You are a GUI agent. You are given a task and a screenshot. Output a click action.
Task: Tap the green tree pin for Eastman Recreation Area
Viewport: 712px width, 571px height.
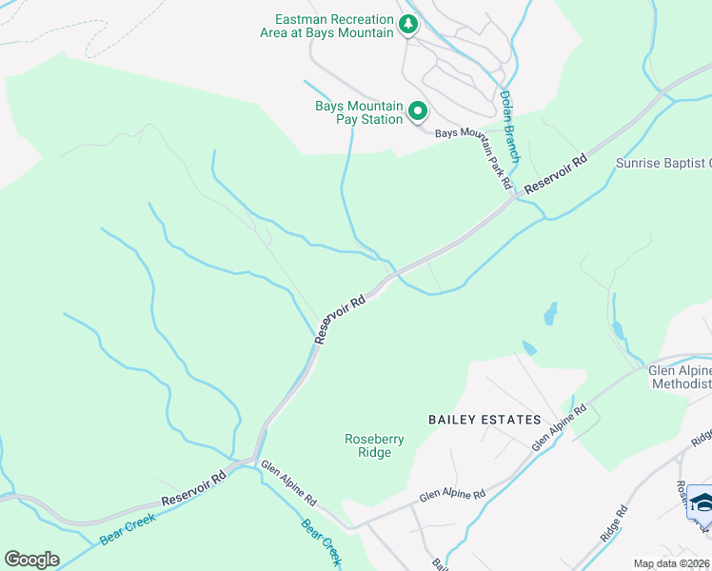(408, 25)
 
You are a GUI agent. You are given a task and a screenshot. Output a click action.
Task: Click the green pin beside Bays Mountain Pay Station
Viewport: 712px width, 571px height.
(417, 113)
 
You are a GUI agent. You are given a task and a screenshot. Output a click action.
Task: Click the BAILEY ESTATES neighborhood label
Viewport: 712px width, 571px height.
(485, 420)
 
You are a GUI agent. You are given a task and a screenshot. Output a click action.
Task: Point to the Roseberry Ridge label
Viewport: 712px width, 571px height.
(367, 445)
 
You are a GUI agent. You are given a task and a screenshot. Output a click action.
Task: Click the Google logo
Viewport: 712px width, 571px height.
(31, 560)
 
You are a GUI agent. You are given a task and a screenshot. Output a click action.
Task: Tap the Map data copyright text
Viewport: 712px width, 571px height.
(672, 563)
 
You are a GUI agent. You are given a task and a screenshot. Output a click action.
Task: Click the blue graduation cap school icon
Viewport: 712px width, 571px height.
(702, 502)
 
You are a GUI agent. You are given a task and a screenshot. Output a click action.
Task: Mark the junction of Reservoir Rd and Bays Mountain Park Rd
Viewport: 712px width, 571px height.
(514, 198)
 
